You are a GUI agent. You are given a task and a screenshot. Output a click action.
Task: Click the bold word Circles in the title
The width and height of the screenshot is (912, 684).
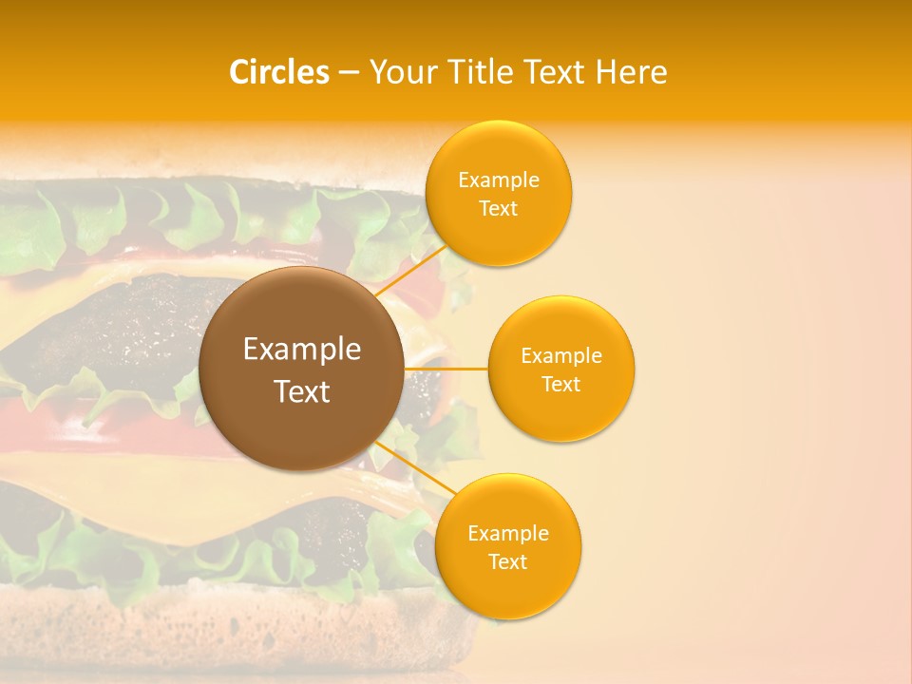(278, 72)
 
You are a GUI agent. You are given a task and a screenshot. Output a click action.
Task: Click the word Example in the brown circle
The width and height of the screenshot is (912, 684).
(301, 350)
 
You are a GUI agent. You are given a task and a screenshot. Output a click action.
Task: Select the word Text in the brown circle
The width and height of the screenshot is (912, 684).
(301, 391)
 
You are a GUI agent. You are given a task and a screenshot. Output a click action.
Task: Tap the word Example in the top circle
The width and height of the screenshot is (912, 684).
(498, 180)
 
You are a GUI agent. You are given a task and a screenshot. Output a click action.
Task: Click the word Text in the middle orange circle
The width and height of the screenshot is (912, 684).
(560, 384)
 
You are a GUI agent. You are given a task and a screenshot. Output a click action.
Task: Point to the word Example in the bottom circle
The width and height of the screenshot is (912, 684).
(507, 534)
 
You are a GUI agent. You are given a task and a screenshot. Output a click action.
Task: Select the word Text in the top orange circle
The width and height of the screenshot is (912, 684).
(498, 209)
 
